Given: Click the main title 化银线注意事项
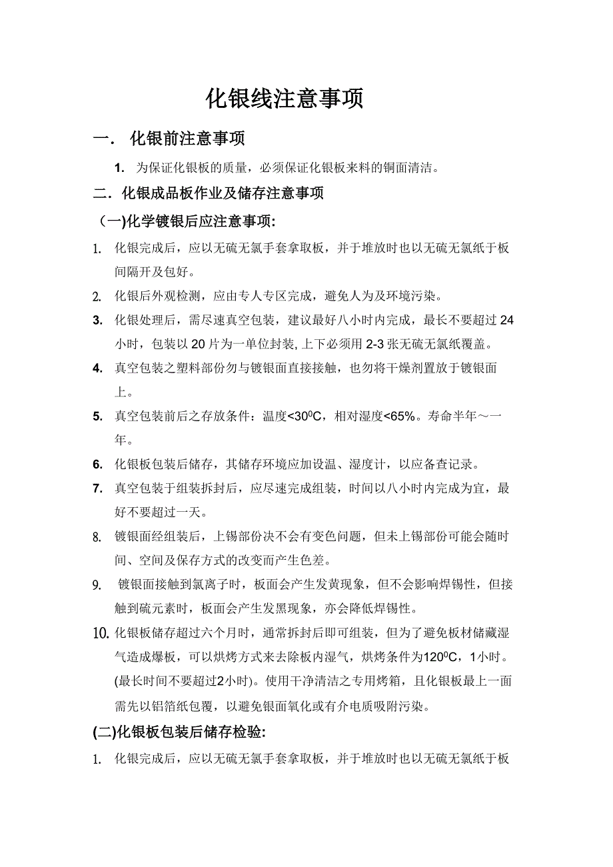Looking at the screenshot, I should click(x=285, y=99).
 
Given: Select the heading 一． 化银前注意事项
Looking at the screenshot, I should click(x=169, y=139).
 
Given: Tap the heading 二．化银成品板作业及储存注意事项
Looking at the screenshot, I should click(x=209, y=194).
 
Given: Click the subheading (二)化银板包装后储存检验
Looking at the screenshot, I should click(x=179, y=732).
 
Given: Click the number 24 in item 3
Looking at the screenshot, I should click(x=506, y=320).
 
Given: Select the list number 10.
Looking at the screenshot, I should click(x=101, y=633).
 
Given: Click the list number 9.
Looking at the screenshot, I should click(x=97, y=585).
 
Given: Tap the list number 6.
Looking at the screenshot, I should click(x=97, y=464).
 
